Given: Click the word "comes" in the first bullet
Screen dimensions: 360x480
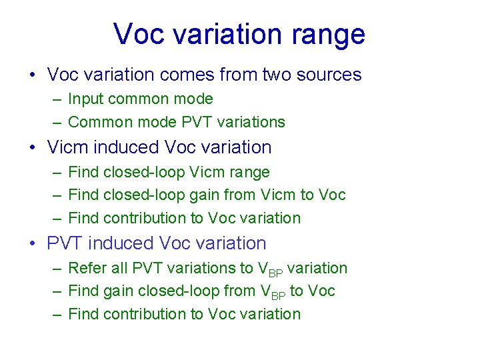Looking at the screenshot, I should pyautogui.click(x=198, y=75).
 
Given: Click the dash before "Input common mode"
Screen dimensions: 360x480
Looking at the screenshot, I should pyautogui.click(x=57, y=99).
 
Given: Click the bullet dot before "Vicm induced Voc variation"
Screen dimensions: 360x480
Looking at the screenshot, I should pyautogui.click(x=33, y=147).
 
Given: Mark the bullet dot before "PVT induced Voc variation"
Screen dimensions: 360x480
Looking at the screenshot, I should pyautogui.click(x=33, y=244).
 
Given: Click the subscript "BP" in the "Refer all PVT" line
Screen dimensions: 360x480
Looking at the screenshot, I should pyautogui.click(x=275, y=273).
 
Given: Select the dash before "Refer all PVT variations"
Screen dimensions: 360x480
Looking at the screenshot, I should pyautogui.click(x=57, y=269).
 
